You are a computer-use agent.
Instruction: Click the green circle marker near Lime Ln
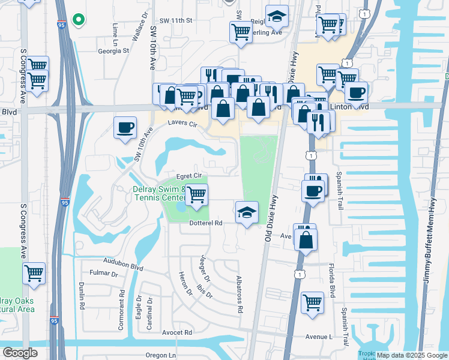click(78, 19)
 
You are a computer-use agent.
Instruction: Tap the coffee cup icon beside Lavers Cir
click(125, 128)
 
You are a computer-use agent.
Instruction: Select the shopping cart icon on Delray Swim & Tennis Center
click(196, 195)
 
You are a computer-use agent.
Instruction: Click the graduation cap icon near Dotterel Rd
click(247, 212)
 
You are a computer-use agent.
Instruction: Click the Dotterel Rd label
click(206, 223)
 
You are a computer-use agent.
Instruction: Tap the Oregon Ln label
click(160, 355)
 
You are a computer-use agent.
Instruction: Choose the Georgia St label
click(114, 51)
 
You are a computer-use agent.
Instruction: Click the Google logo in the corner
click(20, 353)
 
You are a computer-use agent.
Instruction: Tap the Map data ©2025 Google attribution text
click(411, 355)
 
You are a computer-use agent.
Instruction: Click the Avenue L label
click(318, 336)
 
